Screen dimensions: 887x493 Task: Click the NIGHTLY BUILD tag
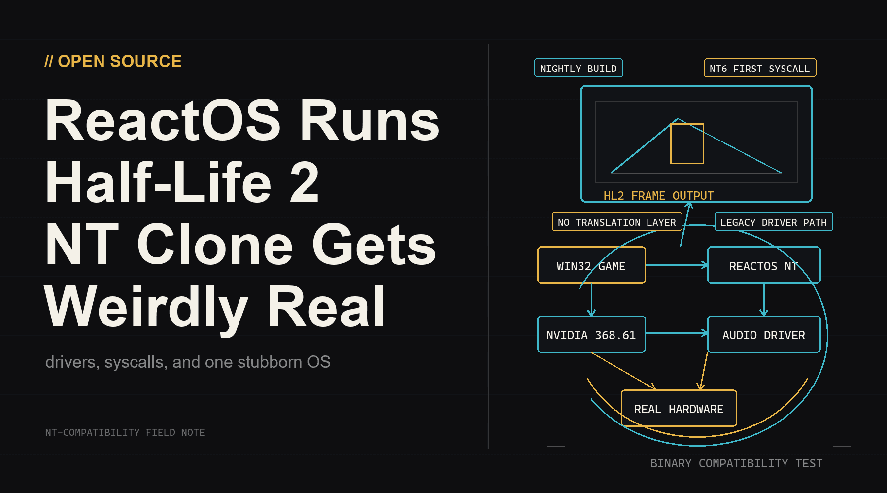[579, 68]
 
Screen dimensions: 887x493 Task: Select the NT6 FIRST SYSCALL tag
[760, 68]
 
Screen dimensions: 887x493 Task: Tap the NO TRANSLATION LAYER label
[617, 222]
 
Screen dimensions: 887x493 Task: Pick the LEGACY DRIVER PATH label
[774, 222]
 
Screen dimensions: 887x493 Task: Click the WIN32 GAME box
[591, 265]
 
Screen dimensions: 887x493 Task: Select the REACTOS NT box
[764, 265]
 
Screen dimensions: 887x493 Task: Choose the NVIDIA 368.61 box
[591, 334]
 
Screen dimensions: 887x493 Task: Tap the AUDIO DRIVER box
[764, 334]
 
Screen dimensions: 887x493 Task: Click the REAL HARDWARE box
[679, 408]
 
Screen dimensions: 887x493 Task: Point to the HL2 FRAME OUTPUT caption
[658, 196]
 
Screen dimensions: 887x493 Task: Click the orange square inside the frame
[687, 143]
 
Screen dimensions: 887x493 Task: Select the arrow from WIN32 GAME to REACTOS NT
[677, 265]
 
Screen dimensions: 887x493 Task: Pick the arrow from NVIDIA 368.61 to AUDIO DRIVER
[677, 333]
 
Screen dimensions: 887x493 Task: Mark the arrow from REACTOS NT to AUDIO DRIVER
[764, 300]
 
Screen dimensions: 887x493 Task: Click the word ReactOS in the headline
[163, 120]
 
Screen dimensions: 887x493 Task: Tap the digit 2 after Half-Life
[304, 183]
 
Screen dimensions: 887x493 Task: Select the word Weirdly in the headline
[146, 308]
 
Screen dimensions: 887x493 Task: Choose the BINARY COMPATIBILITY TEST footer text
[737, 463]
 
